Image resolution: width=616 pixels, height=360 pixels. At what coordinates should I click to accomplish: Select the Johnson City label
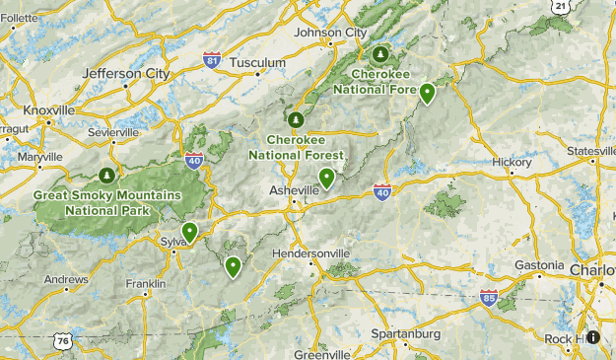(330, 33)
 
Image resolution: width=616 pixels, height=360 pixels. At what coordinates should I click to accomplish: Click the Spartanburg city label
(406, 334)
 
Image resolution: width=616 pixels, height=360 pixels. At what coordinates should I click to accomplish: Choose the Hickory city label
(513, 162)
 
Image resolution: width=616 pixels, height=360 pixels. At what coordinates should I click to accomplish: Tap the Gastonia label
(538, 267)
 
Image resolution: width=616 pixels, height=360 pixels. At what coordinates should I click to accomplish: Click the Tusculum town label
(257, 62)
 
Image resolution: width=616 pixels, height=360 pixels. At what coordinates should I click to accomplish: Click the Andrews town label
(65, 279)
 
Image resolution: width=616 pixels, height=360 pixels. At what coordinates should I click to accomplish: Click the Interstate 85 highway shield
(489, 296)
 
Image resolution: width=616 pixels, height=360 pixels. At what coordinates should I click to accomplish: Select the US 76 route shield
(62, 340)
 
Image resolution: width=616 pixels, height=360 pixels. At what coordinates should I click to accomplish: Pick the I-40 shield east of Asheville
(382, 190)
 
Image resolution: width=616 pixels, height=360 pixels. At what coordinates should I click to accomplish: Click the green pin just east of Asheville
(326, 179)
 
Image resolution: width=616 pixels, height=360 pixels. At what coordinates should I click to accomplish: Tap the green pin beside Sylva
(189, 232)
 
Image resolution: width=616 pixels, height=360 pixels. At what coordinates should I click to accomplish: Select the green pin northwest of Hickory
(427, 93)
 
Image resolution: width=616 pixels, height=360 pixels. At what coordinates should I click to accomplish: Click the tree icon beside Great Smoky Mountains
(105, 176)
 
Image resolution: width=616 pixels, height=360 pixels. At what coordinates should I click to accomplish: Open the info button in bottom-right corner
(593, 337)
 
